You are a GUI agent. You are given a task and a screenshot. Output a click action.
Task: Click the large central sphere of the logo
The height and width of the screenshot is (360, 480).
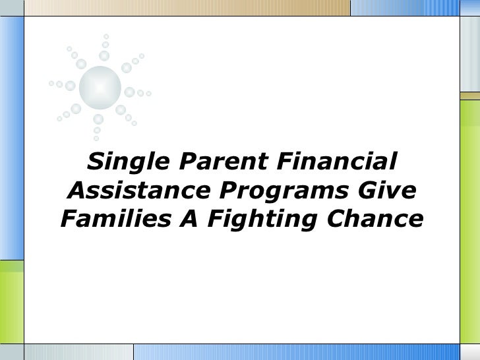pyautogui.click(x=100, y=85)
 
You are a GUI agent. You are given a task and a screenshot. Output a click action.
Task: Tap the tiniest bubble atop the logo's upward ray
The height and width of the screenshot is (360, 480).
pyautogui.click(x=106, y=36)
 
